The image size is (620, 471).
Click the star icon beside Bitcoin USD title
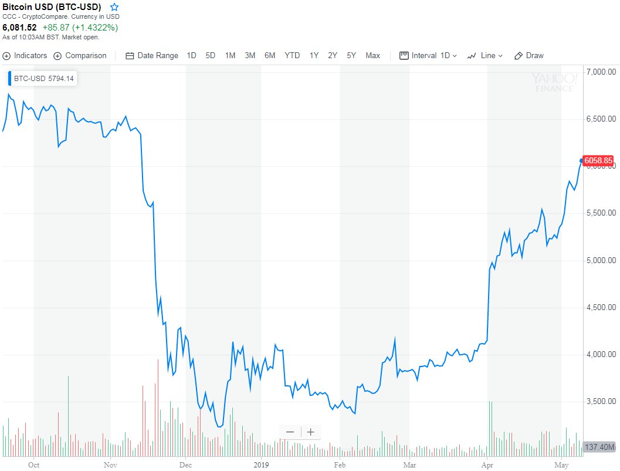pyautogui.click(x=114, y=7)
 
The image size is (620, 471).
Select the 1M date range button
pyautogui.click(x=230, y=56)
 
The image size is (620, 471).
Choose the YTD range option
pyautogui.click(x=292, y=56)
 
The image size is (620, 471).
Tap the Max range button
pyautogui.click(x=372, y=56)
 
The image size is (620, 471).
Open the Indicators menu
pyautogui.click(x=25, y=56)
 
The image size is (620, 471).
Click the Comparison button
pyautogui.click(x=80, y=56)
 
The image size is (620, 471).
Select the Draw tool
pyautogui.click(x=529, y=56)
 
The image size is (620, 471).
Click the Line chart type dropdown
pyautogui.click(x=485, y=56)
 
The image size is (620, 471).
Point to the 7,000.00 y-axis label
pyautogui.click(x=599, y=72)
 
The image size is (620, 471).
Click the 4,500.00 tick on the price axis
pyautogui.click(x=599, y=307)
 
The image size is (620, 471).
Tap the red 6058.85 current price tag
pyautogui.click(x=599, y=160)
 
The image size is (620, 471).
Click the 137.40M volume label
pyautogui.click(x=599, y=448)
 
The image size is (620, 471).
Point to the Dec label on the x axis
pyautogui.click(x=185, y=463)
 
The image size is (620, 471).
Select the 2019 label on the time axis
pyautogui.click(x=261, y=463)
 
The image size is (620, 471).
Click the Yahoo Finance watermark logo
pyautogui.click(x=553, y=82)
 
